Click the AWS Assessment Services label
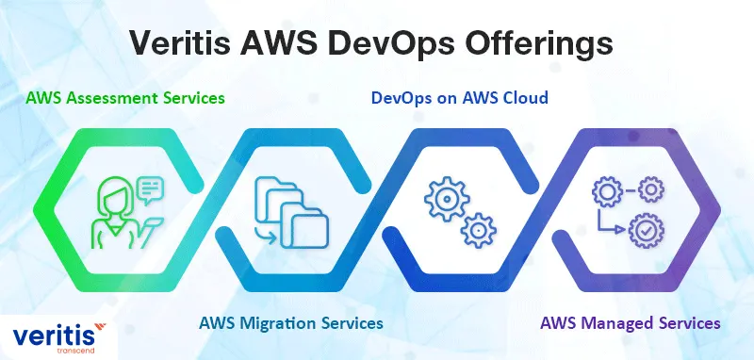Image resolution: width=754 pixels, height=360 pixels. pos(126,97)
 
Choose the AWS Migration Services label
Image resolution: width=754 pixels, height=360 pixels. pos(290,322)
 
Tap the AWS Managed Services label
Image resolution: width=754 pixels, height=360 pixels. pos(631,322)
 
